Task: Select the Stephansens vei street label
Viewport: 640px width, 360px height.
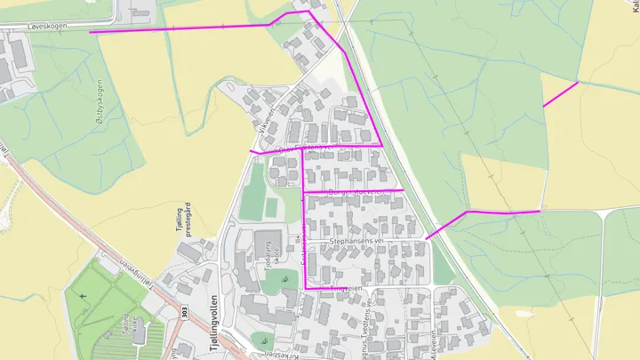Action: tap(355, 240)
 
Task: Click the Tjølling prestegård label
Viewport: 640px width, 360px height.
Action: tap(184, 222)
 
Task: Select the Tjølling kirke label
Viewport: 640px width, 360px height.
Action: tap(124, 328)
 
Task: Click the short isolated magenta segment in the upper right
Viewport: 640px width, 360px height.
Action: tap(560, 94)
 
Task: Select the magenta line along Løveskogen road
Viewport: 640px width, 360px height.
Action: tap(178, 28)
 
